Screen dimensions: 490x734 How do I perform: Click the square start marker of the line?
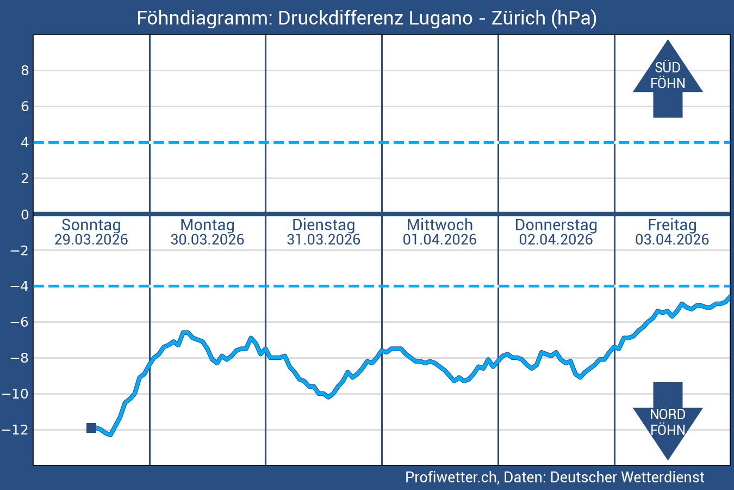click(x=91, y=428)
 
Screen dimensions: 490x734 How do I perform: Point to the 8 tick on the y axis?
click(x=25, y=70)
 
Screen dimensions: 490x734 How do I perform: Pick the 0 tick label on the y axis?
click(x=25, y=215)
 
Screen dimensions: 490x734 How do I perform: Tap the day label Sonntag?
click(x=91, y=225)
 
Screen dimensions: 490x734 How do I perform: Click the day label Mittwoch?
click(x=440, y=225)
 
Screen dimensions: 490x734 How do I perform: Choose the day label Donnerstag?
click(x=556, y=225)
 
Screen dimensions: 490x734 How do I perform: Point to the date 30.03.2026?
click(x=207, y=240)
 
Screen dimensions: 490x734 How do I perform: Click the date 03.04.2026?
click(x=672, y=240)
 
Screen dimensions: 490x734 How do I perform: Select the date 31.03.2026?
click(x=324, y=240)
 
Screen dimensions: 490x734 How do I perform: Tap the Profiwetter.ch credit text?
click(x=451, y=477)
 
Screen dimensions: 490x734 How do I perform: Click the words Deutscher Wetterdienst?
click(x=627, y=477)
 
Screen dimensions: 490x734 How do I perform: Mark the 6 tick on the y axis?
click(x=25, y=106)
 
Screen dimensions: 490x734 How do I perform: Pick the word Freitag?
click(x=672, y=225)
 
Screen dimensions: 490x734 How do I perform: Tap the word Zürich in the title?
click(x=519, y=18)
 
